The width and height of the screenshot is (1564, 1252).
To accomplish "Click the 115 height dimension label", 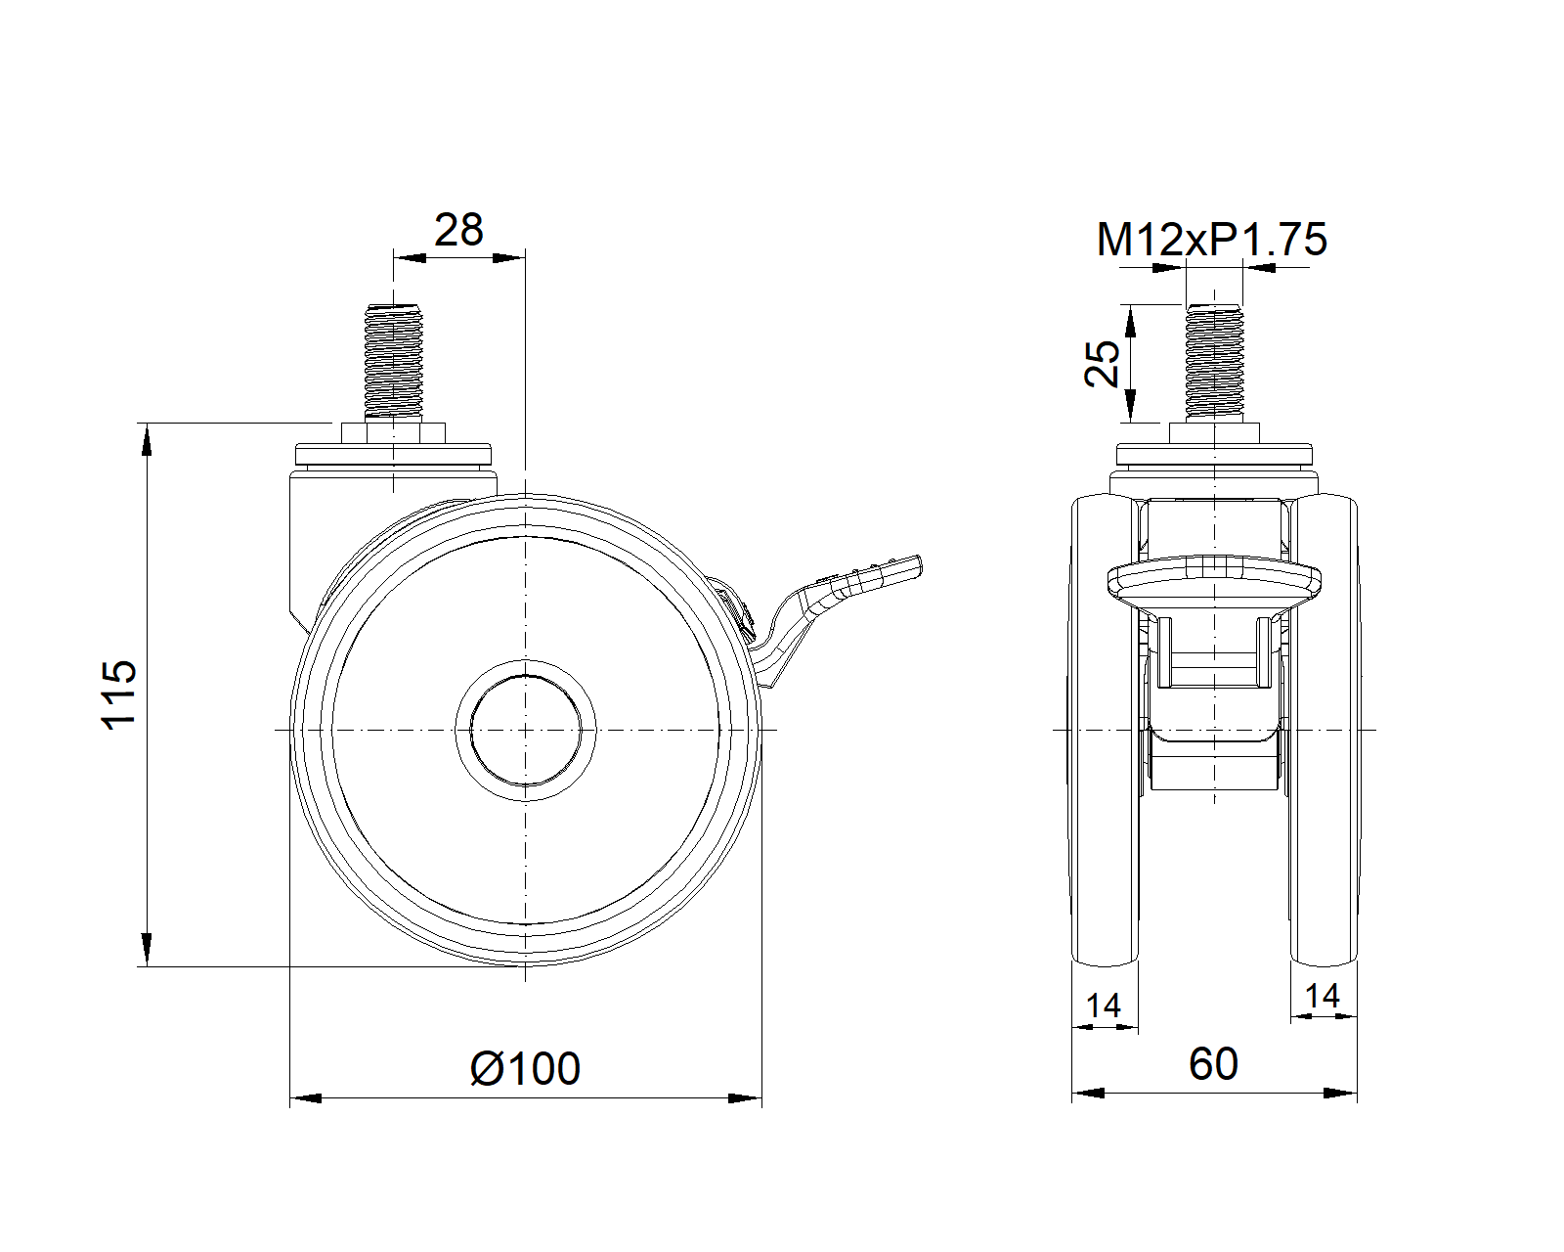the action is (x=118, y=694).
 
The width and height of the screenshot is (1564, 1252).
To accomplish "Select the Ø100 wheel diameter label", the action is (x=526, y=1068).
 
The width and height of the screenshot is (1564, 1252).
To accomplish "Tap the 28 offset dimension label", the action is (x=458, y=230).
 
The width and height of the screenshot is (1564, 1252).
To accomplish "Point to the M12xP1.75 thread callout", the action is (x=1211, y=240).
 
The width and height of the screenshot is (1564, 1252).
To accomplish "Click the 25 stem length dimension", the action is (x=1102, y=363).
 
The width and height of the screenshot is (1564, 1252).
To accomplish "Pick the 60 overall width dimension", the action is (x=1213, y=1063).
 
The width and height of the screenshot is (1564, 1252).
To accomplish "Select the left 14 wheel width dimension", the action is (x=1104, y=1006).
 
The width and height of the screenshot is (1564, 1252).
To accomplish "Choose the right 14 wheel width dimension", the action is (x=1322, y=995).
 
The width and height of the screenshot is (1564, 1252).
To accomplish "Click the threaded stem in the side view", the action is (x=393, y=362).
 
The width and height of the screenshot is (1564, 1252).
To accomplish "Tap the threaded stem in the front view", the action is (x=1214, y=362).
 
